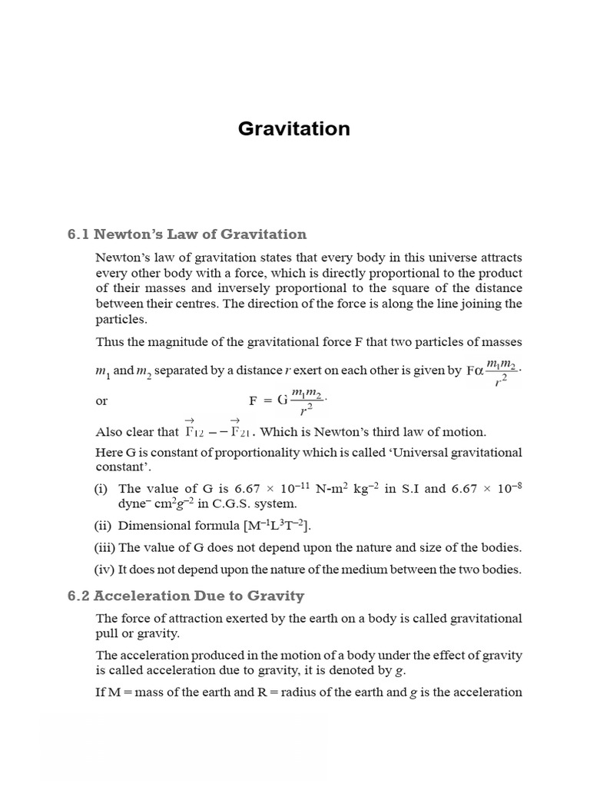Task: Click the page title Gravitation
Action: point(294,128)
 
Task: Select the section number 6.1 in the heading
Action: point(78,234)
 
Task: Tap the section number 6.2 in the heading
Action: point(78,596)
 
